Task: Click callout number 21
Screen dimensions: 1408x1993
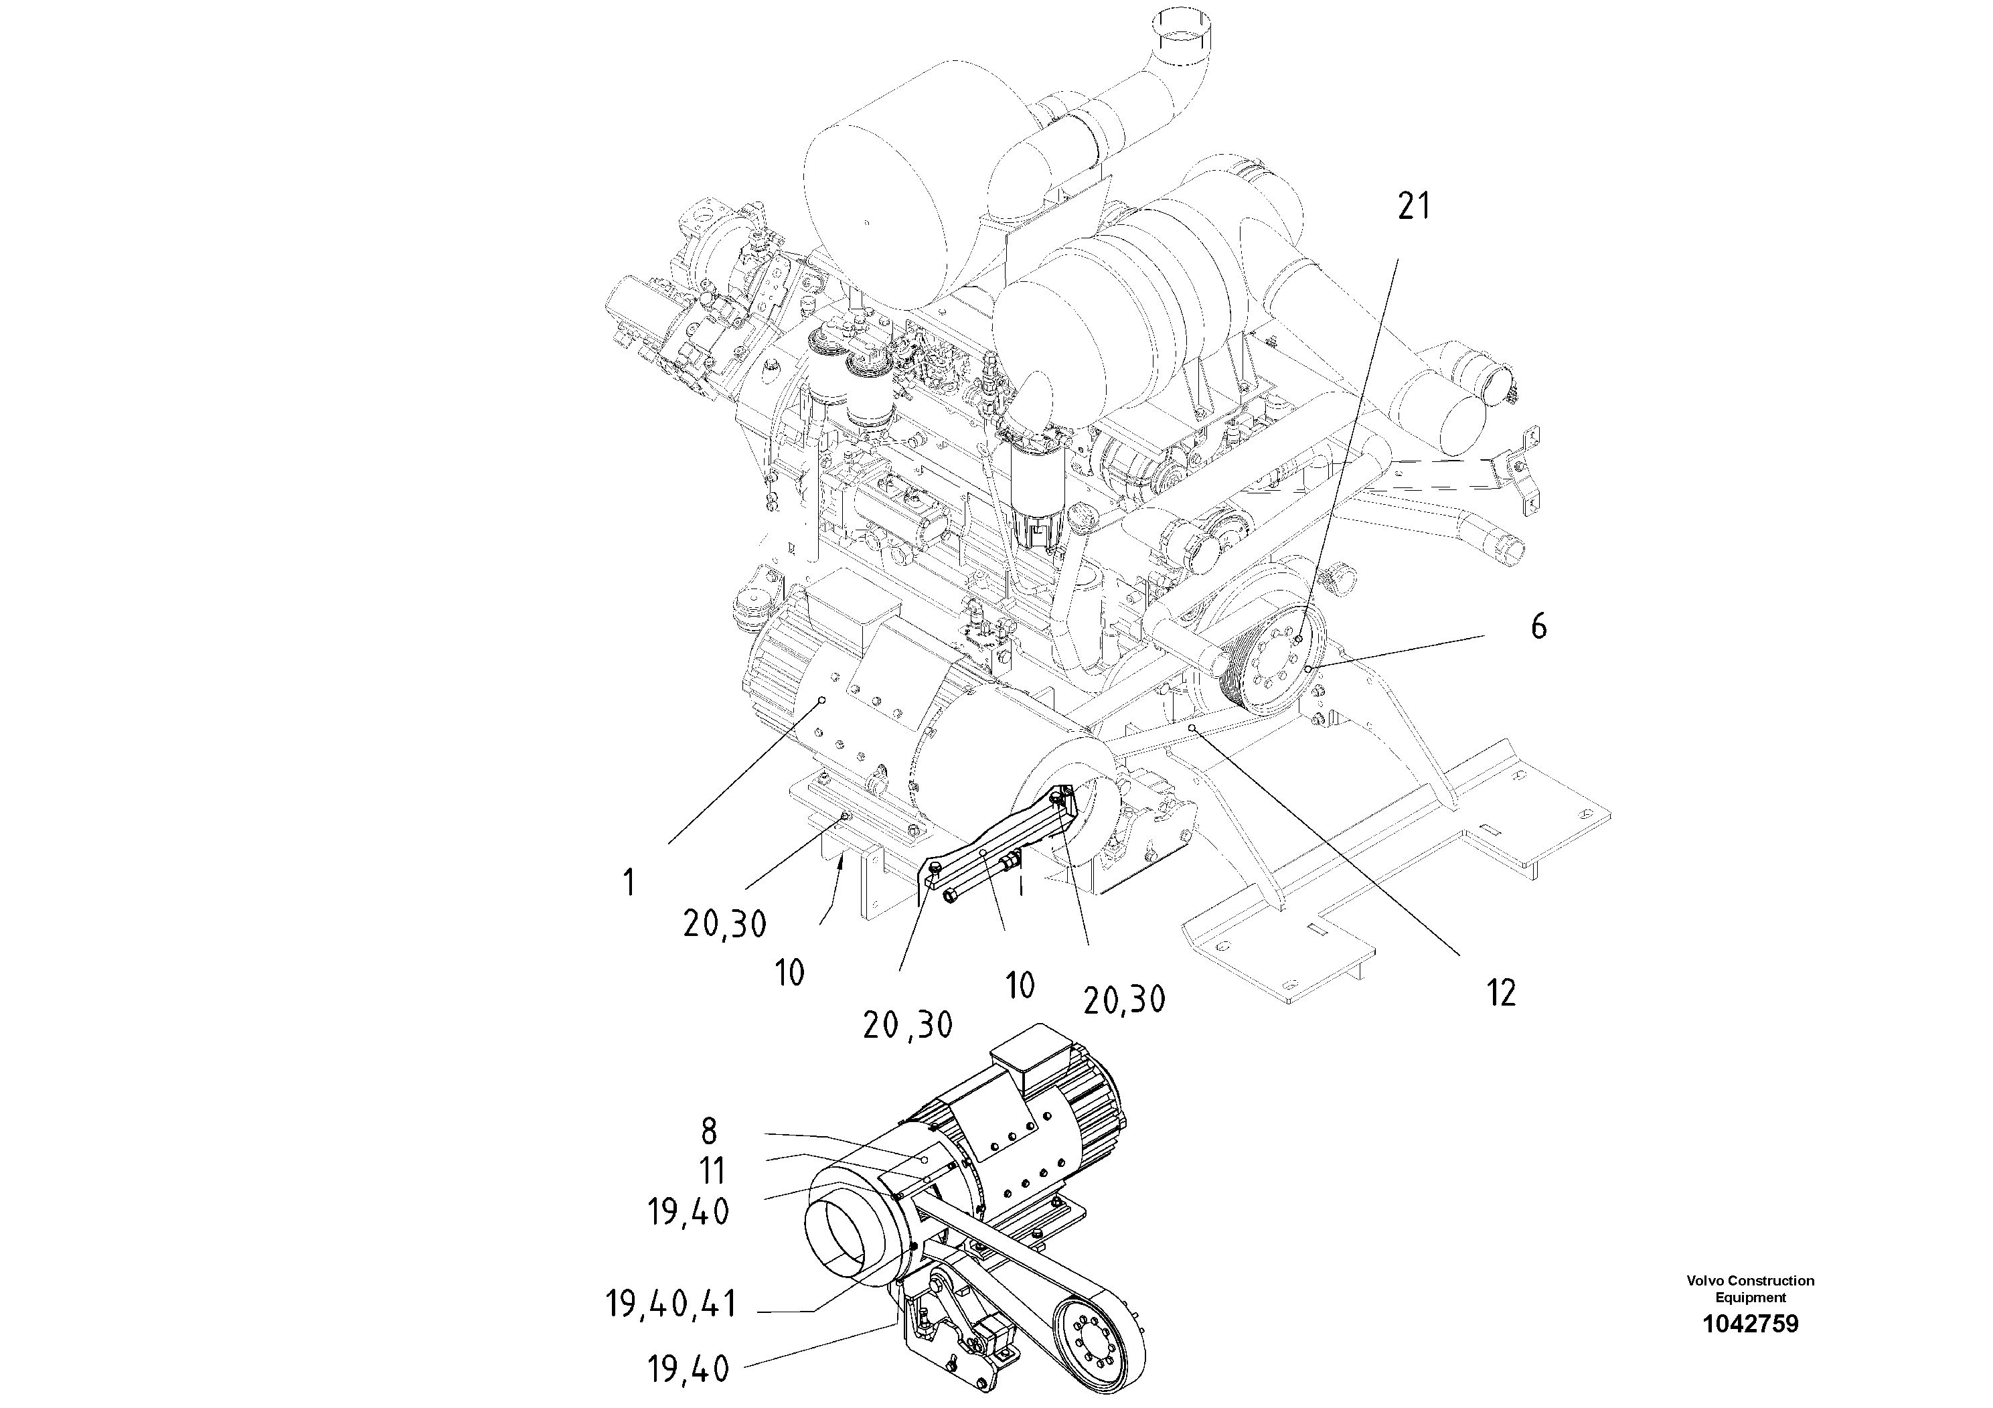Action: [x=1413, y=207]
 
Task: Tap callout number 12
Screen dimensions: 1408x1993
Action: [x=1501, y=993]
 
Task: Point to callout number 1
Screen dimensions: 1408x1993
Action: [x=629, y=884]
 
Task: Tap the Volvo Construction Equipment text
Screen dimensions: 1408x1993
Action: [x=1750, y=1288]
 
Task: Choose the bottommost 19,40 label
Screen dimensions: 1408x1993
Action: [x=688, y=1370]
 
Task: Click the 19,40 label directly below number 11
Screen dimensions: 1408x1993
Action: [x=688, y=1212]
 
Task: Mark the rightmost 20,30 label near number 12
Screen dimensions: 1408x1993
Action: [x=1124, y=1000]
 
